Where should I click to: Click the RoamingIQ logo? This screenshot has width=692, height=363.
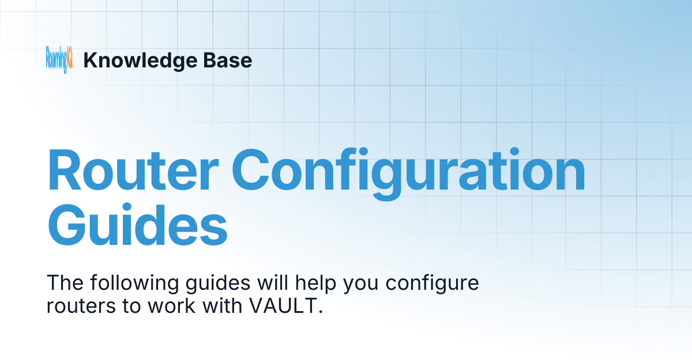59,59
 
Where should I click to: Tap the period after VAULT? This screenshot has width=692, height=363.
318,312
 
